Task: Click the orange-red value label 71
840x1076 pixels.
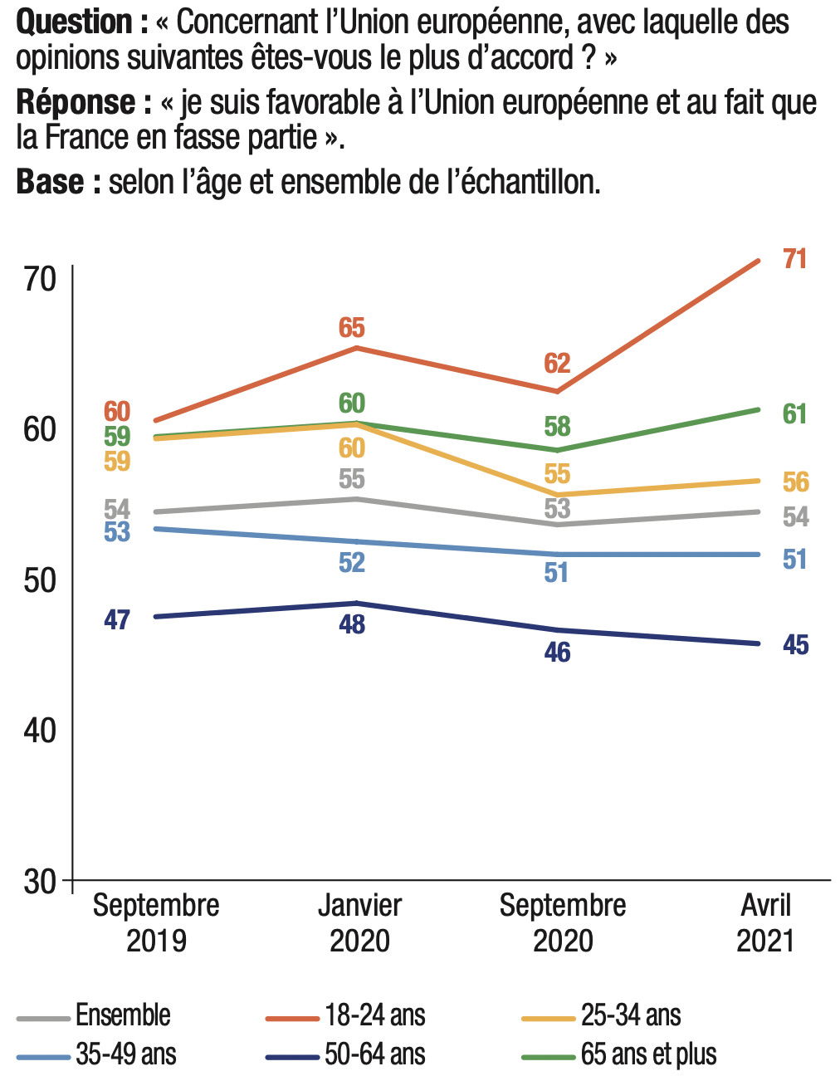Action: (x=794, y=259)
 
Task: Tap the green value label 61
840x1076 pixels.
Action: (x=794, y=413)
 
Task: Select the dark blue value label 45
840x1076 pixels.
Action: (x=795, y=645)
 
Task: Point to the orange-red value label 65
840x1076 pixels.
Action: (x=352, y=328)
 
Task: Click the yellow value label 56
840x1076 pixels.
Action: (x=795, y=482)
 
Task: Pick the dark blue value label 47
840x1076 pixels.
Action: (x=117, y=619)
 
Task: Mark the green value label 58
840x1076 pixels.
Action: (x=557, y=427)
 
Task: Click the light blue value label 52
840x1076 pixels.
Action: (x=352, y=563)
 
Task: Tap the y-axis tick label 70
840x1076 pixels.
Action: (x=40, y=280)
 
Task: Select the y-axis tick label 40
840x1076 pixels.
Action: (x=40, y=731)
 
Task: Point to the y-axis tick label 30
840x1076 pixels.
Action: (x=40, y=881)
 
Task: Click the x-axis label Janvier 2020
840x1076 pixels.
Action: (x=359, y=922)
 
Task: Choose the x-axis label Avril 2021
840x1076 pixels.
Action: (x=765, y=922)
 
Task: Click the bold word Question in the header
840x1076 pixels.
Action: (x=75, y=22)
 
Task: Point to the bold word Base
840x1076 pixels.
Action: (x=51, y=182)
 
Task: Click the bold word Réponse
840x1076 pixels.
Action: (x=76, y=102)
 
